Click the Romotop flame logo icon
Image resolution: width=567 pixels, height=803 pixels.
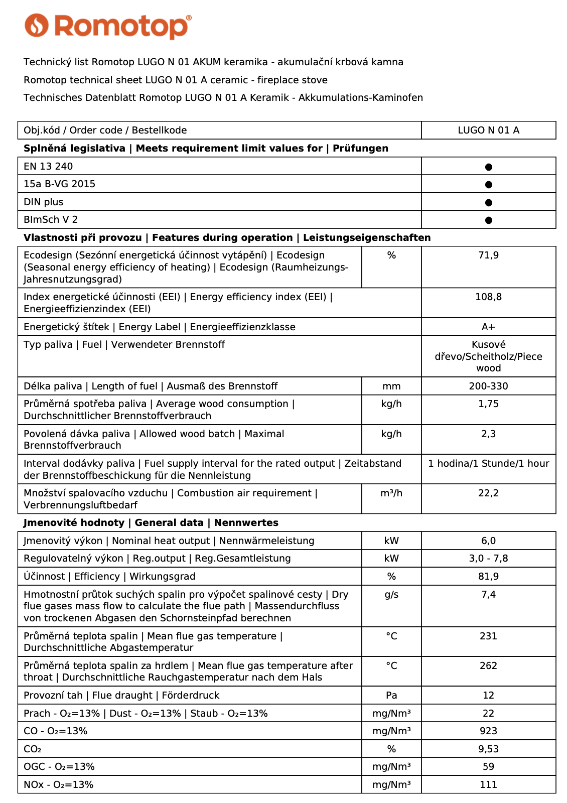(37, 26)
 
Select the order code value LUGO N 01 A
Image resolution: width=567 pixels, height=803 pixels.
(488, 130)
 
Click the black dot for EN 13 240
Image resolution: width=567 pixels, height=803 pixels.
(488, 167)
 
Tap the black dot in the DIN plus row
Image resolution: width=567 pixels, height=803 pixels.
(488, 203)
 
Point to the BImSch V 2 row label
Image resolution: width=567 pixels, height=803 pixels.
(51, 220)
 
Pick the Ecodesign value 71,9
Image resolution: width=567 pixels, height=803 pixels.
(488, 255)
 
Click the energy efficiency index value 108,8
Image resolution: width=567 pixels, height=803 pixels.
(488, 297)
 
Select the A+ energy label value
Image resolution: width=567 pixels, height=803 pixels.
(488, 327)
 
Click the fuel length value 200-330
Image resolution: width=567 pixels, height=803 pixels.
(488, 386)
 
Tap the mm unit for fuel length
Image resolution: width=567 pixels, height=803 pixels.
(391, 386)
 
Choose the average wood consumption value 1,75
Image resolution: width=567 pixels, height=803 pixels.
(488, 404)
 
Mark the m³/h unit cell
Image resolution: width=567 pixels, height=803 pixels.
(391, 493)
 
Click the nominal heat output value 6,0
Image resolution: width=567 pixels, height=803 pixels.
(488, 541)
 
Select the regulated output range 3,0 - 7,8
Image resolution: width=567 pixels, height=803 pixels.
(488, 559)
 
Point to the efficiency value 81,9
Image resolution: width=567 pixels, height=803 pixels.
(488, 577)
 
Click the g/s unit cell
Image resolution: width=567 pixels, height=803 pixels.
(391, 595)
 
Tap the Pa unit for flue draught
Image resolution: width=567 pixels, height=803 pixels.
(391, 696)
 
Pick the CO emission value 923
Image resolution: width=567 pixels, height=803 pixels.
(488, 731)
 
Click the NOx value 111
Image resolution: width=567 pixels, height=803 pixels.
(488, 785)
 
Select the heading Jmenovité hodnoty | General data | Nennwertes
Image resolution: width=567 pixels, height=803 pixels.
(151, 523)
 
